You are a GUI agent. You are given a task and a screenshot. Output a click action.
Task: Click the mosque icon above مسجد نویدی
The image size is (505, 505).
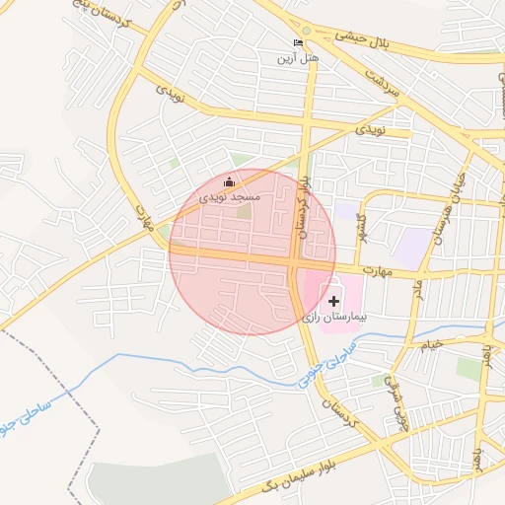[x=230, y=181]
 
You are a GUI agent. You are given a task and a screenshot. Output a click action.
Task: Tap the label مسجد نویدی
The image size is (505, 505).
[x=230, y=197]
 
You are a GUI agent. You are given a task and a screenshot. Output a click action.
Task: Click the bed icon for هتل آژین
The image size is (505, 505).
[x=299, y=42]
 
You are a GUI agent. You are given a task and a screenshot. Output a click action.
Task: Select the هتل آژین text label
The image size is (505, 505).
[x=299, y=59]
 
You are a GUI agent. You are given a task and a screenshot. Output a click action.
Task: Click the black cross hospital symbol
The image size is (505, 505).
[x=333, y=299]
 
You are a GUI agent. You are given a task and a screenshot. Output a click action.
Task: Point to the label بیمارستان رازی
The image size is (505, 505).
[x=333, y=318]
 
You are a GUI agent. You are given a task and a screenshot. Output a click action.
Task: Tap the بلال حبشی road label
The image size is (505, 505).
[x=362, y=37]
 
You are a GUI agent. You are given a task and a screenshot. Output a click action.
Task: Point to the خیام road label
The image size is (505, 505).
[x=432, y=343]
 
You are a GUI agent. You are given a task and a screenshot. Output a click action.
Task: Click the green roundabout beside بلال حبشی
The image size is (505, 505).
[x=307, y=32]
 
